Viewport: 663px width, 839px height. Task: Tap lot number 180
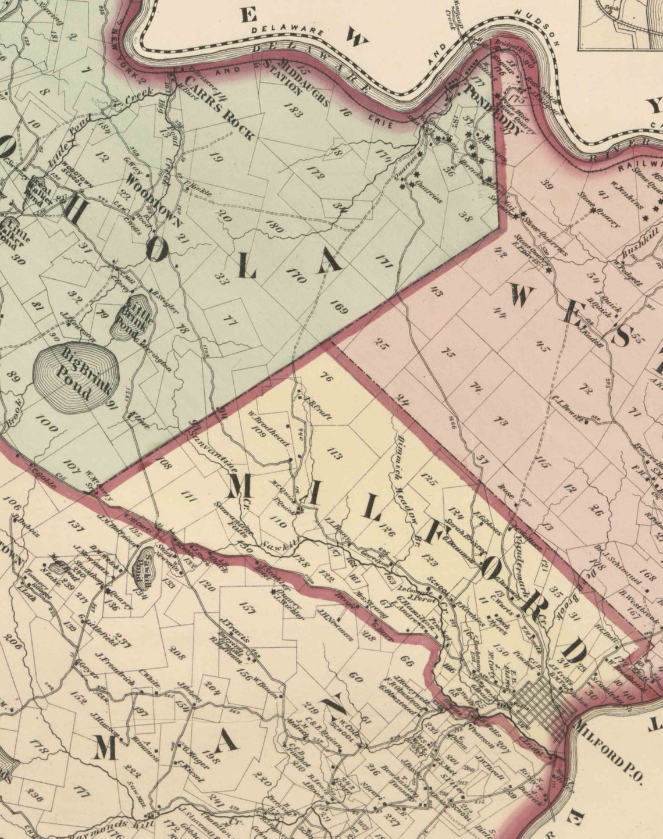click(x=274, y=226)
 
